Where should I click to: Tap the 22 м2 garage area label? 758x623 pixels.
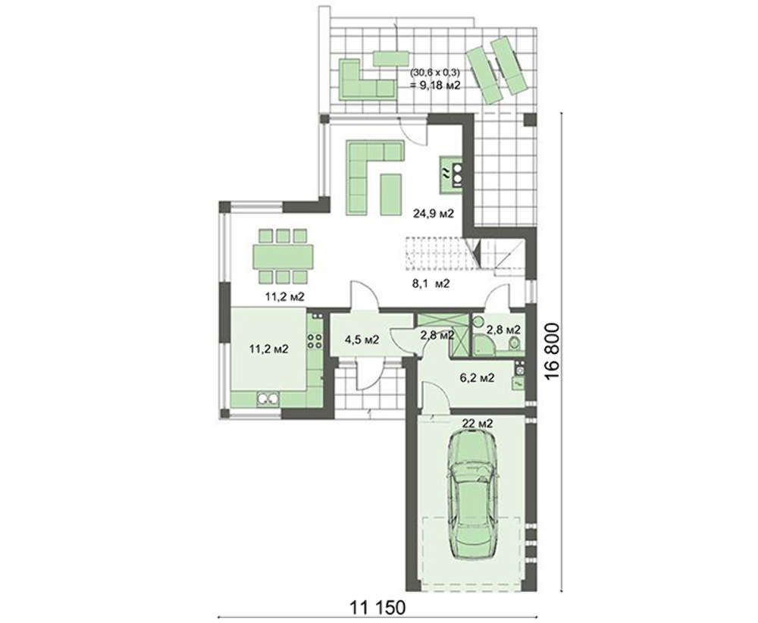478,424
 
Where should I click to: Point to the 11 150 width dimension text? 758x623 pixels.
377,608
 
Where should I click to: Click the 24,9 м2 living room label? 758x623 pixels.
433,213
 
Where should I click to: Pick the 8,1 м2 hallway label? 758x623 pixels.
431,283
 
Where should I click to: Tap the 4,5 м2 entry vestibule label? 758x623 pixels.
362,340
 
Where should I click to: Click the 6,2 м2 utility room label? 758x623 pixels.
477,377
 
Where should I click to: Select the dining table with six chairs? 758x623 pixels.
283,256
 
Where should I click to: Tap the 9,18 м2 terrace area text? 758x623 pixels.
435,86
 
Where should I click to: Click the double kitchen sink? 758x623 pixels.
268,398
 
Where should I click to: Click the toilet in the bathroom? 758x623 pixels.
515,343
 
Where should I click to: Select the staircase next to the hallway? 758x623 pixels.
464,256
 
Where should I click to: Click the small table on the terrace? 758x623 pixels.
391,58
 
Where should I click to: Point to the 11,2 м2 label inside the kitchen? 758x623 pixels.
269,349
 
